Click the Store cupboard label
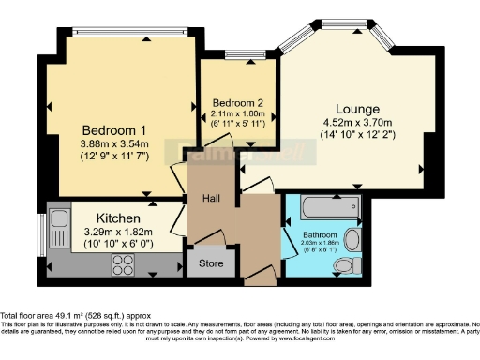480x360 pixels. (212, 264)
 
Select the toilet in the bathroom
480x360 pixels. (355, 238)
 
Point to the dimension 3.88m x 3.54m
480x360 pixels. (114, 143)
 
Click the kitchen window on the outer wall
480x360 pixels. (40, 241)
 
